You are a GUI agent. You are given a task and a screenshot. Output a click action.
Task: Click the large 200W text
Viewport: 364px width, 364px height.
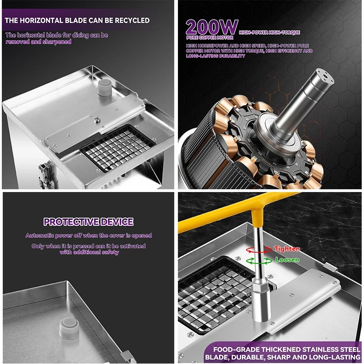pyautogui.click(x=212, y=27)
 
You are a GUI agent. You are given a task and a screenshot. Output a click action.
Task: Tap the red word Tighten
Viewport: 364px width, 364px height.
pyautogui.click(x=287, y=249)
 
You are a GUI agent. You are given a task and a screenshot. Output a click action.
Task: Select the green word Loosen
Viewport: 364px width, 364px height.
pyautogui.click(x=287, y=259)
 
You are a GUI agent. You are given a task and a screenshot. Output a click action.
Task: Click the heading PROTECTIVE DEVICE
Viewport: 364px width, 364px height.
pyautogui.click(x=88, y=222)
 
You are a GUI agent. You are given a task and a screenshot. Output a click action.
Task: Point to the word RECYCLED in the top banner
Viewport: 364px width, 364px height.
pyautogui.click(x=132, y=20)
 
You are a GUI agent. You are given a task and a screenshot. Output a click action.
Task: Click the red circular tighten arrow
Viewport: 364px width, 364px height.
pyautogui.click(x=259, y=250)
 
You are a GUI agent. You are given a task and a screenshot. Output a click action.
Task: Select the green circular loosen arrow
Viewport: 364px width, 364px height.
pyautogui.click(x=259, y=261)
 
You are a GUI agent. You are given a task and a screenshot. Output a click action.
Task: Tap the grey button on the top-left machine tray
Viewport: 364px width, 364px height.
pyautogui.click(x=104, y=87)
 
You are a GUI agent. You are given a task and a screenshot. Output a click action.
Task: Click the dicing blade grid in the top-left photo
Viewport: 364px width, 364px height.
pyautogui.click(x=117, y=147)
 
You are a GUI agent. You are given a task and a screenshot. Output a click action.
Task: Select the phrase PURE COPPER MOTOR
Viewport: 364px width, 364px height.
pyautogui.click(x=209, y=38)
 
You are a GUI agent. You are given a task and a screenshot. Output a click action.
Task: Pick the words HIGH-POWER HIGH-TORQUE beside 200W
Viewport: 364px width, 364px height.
pyautogui.click(x=269, y=32)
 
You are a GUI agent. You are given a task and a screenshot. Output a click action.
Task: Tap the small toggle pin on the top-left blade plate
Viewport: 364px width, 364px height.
pyautogui.click(x=97, y=119)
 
